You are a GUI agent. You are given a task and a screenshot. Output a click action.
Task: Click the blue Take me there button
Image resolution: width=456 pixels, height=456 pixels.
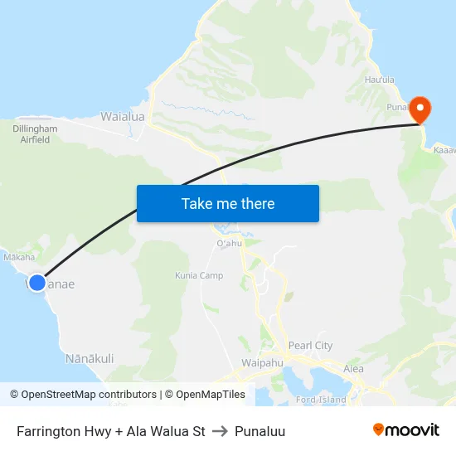[228, 203]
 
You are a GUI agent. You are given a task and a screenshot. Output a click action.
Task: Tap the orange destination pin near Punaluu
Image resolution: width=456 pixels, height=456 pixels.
[420, 109]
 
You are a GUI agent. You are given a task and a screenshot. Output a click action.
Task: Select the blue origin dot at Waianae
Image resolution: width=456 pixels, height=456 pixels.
[36, 283]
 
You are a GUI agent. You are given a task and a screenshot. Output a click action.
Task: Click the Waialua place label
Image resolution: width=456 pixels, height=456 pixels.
[123, 117]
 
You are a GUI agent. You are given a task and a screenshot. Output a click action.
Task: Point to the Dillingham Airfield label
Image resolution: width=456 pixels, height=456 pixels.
[35, 134]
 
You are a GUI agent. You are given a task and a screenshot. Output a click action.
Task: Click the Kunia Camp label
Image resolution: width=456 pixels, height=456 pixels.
[199, 275]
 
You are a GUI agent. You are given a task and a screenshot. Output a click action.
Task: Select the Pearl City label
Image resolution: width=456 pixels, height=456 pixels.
[310, 345]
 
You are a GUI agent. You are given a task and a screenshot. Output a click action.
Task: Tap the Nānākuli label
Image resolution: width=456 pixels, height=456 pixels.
[90, 358]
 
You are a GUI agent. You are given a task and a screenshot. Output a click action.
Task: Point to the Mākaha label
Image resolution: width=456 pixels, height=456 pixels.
[19, 258]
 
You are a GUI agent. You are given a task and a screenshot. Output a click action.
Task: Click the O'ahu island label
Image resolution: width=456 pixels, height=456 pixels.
[228, 244]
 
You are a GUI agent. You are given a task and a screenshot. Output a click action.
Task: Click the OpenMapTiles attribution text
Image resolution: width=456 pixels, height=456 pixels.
[208, 395]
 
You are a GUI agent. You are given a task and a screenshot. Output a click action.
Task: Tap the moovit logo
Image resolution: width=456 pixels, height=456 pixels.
[406, 430]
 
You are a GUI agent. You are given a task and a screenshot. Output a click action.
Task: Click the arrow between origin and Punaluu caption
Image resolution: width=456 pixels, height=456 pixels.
[220, 431]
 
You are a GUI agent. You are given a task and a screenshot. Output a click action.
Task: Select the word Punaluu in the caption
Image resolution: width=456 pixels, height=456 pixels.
[260, 431]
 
